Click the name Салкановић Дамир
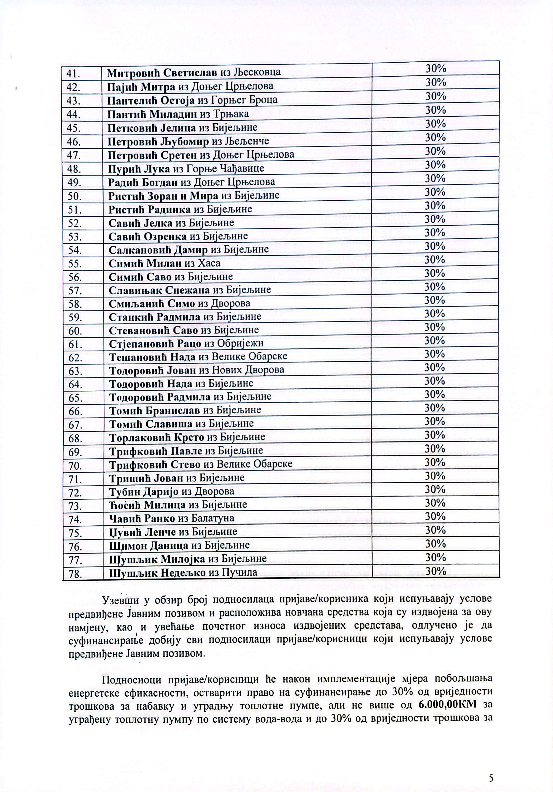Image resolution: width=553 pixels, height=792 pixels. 158,250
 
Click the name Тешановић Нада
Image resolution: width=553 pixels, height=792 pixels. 152,357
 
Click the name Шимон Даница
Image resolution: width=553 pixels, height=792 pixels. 149,545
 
